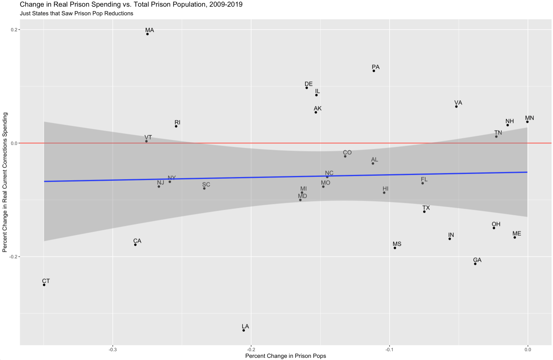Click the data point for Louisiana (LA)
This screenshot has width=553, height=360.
click(x=244, y=330)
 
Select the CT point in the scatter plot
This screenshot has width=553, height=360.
click(x=44, y=285)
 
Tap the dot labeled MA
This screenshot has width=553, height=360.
click(x=148, y=34)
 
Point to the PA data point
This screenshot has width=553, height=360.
click(x=374, y=71)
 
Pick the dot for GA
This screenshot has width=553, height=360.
click(x=475, y=264)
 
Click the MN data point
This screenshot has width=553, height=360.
click(x=527, y=122)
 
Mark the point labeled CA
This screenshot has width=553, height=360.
click(x=135, y=245)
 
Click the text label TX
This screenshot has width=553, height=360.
click(x=426, y=208)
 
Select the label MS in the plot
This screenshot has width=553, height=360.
click(x=397, y=244)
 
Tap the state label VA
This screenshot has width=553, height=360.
click(x=458, y=103)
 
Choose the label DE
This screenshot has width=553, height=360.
click(x=309, y=84)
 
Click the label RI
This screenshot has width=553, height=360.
click(x=177, y=123)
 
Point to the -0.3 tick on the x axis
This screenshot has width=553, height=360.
click(x=113, y=349)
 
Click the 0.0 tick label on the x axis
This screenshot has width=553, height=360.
click(x=527, y=349)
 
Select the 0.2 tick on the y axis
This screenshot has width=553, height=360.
click(x=14, y=29)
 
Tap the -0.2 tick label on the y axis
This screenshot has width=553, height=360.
click(x=14, y=257)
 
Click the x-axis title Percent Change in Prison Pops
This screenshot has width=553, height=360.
click(x=286, y=356)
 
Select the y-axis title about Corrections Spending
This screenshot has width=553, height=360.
click(x=5, y=182)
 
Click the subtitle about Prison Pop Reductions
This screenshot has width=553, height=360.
click(x=76, y=13)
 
